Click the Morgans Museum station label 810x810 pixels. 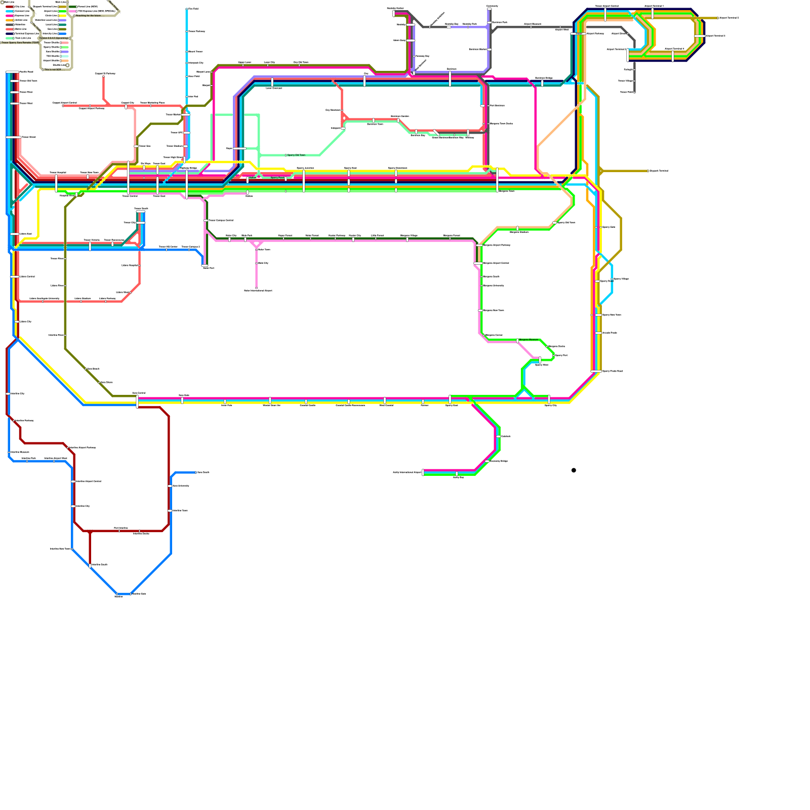click(529, 340)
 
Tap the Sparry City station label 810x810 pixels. click(551, 406)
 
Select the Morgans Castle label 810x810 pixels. click(556, 346)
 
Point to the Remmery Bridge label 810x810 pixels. click(499, 461)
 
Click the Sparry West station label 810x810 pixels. click(542, 364)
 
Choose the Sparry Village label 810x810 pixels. click(621, 279)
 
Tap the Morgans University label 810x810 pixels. click(494, 286)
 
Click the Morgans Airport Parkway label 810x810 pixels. click(497, 245)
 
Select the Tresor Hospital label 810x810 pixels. click(58, 173)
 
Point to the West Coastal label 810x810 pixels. click(386, 406)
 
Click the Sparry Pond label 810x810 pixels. click(277, 178)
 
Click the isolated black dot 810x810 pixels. click(574, 470)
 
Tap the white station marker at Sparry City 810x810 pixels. click(549, 399)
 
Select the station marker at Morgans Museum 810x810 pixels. click(517, 341)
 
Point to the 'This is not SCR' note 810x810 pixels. click(53, 69)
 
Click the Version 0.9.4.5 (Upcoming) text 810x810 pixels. click(54, 38)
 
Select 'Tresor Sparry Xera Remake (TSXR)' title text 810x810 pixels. click(20, 43)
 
